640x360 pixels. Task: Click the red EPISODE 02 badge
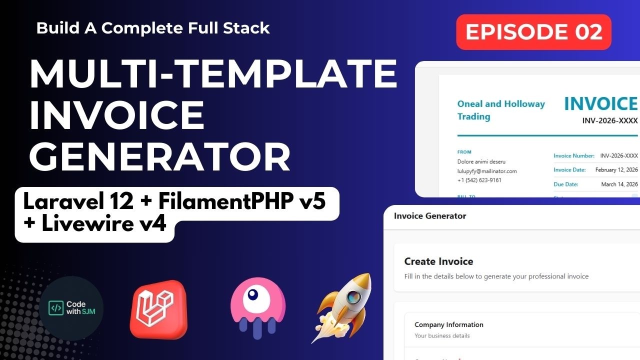pyautogui.click(x=533, y=32)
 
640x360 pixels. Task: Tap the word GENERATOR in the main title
pyautogui.click(x=160, y=158)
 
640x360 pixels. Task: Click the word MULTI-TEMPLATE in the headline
pyautogui.click(x=213, y=74)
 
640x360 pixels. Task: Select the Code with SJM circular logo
pyautogui.click(x=71, y=308)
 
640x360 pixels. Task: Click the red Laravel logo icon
pyautogui.click(x=158, y=308)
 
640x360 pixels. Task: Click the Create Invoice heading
pyautogui.click(x=438, y=261)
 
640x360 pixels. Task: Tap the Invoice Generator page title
pyautogui.click(x=430, y=216)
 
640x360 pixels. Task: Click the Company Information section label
pyautogui.click(x=448, y=324)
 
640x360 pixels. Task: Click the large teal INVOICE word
pyautogui.click(x=600, y=103)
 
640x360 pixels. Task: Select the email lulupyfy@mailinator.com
pyautogui.click(x=487, y=171)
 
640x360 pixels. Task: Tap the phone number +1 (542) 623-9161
pyautogui.click(x=479, y=180)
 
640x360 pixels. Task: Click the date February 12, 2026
pyautogui.click(x=616, y=170)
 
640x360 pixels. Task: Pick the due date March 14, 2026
pyautogui.click(x=619, y=184)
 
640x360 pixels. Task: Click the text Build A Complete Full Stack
pyautogui.click(x=153, y=28)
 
